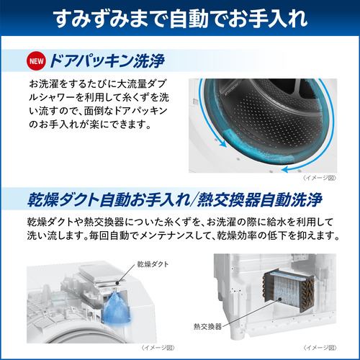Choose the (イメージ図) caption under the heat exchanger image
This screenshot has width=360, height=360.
tap(337, 351)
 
